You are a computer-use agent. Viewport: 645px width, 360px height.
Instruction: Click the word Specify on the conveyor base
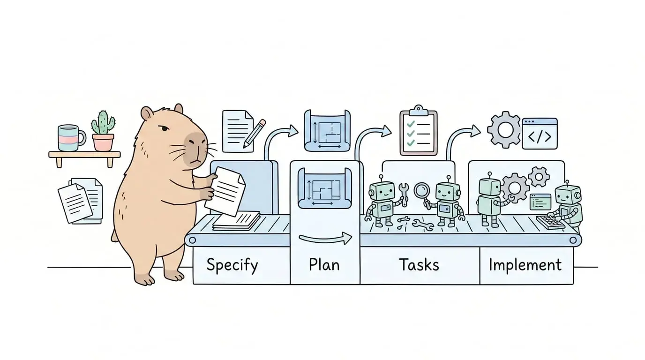click(232, 265)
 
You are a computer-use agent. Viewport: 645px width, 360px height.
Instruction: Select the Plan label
click(324, 264)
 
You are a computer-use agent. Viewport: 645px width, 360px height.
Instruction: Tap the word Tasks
click(419, 264)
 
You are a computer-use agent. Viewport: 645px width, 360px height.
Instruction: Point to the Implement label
click(525, 265)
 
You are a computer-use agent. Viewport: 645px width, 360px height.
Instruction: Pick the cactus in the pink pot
click(103, 131)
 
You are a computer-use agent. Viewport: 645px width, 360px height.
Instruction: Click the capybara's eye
click(165, 128)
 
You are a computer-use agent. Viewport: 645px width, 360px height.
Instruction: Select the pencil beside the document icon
click(254, 134)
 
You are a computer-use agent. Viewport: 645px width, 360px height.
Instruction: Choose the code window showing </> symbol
click(540, 134)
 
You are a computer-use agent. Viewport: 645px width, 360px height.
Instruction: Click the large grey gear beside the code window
click(504, 130)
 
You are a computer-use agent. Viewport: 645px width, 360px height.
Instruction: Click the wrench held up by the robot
click(404, 195)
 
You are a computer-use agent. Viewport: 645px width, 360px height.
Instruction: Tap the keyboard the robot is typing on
click(550, 222)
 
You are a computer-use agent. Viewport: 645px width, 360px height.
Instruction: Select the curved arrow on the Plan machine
click(325, 239)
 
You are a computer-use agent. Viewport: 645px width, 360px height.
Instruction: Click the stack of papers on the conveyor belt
click(236, 221)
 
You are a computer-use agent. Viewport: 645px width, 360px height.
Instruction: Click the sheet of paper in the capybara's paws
click(225, 191)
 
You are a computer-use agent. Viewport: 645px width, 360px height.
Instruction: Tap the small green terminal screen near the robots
click(540, 202)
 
